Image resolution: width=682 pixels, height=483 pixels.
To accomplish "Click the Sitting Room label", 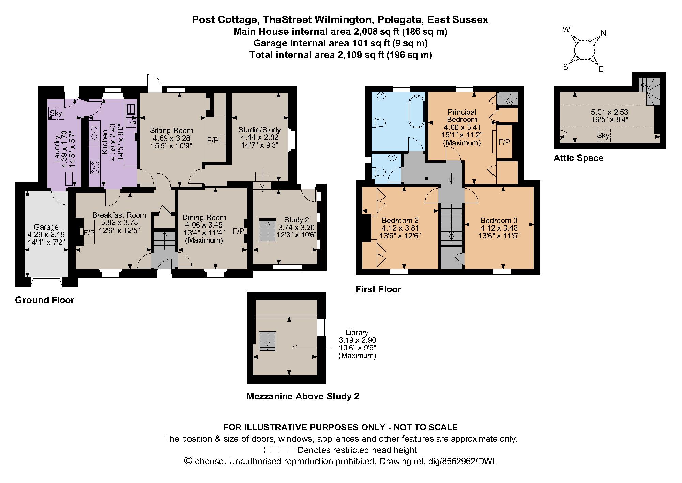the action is [171, 130].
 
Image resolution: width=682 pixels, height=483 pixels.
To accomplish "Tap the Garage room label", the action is [46, 227].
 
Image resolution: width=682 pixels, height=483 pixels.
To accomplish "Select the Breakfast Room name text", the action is [119, 215].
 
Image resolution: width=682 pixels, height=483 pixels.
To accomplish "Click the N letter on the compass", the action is [603, 33].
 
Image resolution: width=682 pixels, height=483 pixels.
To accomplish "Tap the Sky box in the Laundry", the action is [56, 113].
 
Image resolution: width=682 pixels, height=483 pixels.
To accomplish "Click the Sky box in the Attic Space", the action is [603, 135].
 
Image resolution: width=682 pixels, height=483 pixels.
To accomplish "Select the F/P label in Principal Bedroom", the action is [504, 142].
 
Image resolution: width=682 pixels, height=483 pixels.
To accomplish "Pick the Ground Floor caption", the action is [45, 300].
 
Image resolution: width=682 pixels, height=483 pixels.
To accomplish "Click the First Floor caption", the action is [378, 289].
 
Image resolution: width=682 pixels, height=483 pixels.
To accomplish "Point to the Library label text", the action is [357, 332].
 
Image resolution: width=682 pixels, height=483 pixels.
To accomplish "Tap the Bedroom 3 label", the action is [499, 220].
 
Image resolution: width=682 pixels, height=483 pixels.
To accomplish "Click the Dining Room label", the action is [204, 217].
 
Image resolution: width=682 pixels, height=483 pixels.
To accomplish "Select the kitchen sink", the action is [131, 115].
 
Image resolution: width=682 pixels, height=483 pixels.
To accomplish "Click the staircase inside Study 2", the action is [267, 230].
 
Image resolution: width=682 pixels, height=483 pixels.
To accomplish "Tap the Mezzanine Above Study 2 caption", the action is [303, 396].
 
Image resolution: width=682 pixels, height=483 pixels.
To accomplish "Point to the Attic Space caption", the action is [578, 158].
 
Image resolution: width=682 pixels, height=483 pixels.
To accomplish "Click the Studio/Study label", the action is [259, 130].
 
